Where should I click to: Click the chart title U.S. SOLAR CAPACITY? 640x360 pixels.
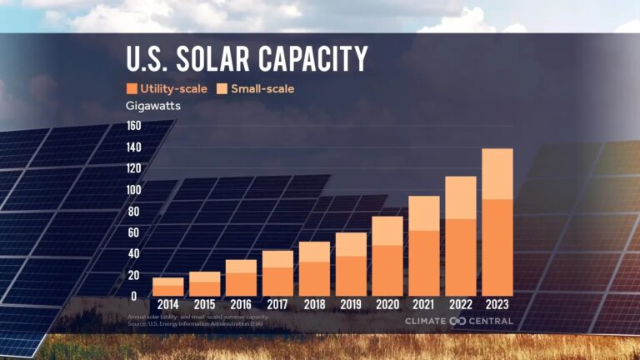(x=246, y=59)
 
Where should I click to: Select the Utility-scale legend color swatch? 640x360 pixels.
(x=132, y=88)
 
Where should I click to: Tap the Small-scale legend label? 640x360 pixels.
(x=262, y=88)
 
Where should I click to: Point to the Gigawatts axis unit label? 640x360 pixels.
(x=153, y=106)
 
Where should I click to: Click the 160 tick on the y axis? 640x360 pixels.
(x=133, y=126)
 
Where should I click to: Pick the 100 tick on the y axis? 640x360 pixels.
(x=133, y=190)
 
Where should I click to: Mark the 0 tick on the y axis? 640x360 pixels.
(x=133, y=296)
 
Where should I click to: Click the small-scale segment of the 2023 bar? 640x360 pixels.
(x=497, y=173)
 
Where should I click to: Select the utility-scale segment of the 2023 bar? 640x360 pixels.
(x=497, y=247)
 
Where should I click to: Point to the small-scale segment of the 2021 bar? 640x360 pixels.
(x=424, y=212)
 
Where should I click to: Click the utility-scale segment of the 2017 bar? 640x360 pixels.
(x=277, y=282)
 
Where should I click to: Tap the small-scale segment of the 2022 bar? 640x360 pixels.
(x=461, y=197)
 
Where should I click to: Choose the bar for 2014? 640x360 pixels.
(x=167, y=287)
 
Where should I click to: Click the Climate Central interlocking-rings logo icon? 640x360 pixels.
(x=457, y=322)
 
